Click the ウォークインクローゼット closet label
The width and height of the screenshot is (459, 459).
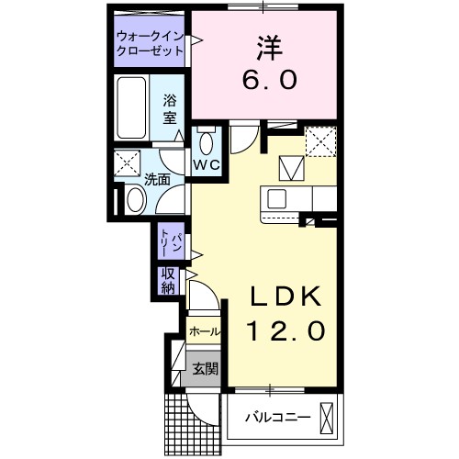point(150,44)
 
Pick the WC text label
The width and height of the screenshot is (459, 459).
point(205,166)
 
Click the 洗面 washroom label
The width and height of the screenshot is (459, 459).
point(157,179)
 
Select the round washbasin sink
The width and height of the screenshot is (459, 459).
point(134,197)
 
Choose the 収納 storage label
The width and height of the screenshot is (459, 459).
point(169,281)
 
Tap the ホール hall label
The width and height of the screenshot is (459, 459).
point(204,331)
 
